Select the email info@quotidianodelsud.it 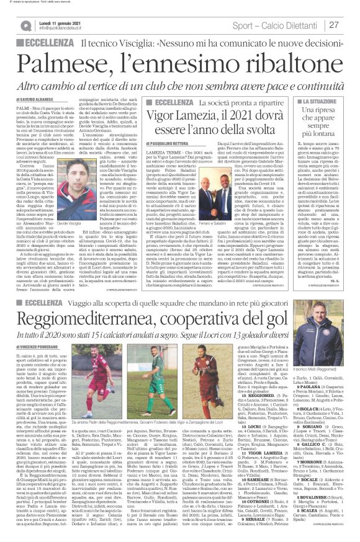click(63, 29)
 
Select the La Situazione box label click(310, 100)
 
